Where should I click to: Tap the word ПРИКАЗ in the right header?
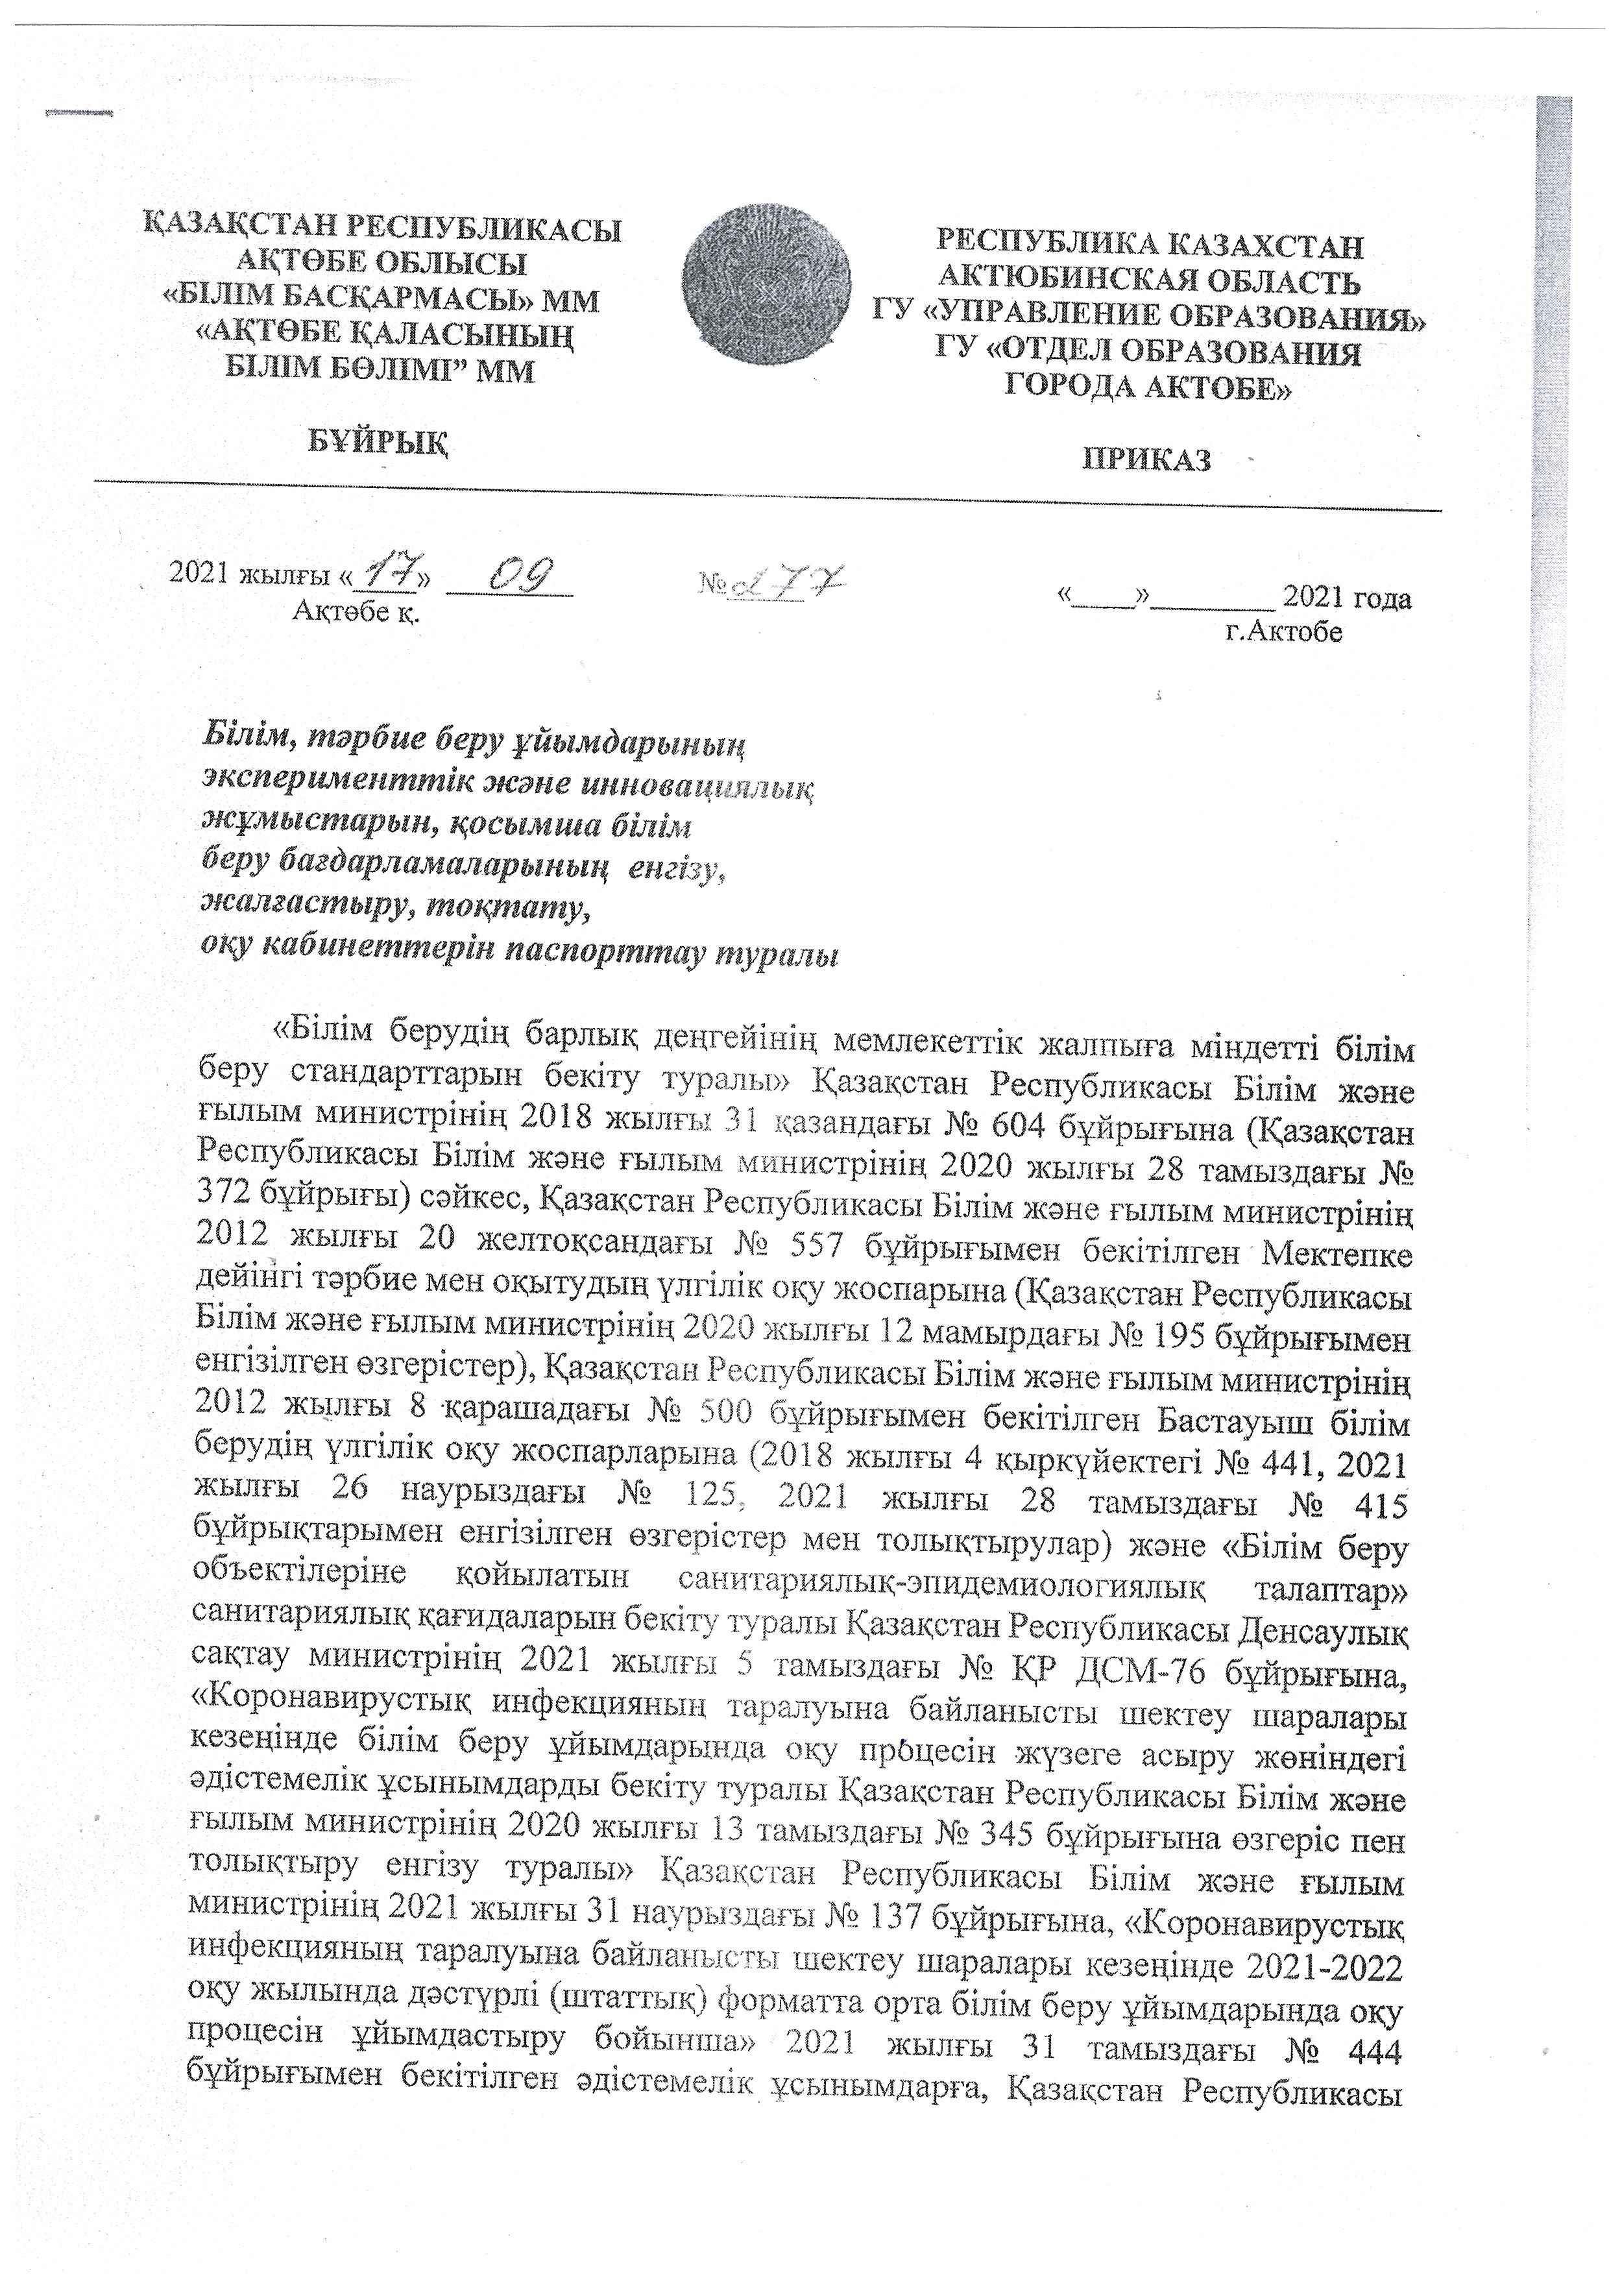point(1147,459)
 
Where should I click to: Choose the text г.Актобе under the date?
point(1283,631)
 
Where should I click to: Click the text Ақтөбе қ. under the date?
point(356,611)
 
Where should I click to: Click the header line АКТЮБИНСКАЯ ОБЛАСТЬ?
point(1149,282)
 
